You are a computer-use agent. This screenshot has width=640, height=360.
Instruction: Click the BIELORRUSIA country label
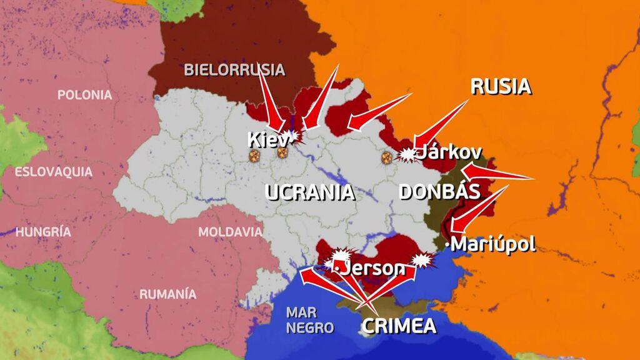click(x=234, y=69)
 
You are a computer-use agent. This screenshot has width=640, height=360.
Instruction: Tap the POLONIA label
click(x=85, y=95)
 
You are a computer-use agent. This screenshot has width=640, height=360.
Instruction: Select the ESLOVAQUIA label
click(x=54, y=172)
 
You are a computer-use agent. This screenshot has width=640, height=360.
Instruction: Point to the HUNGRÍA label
click(x=43, y=232)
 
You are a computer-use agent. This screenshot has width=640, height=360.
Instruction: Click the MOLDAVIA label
click(x=230, y=232)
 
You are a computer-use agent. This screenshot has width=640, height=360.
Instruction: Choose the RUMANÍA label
click(x=167, y=294)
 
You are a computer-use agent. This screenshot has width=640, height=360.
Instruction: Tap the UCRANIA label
click(x=310, y=192)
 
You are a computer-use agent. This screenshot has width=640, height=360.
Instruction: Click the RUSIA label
click(x=500, y=86)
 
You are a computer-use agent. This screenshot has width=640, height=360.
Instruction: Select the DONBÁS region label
click(x=439, y=192)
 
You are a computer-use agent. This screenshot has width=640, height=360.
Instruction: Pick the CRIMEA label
click(x=399, y=326)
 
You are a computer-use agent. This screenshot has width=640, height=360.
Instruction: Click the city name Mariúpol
click(x=493, y=244)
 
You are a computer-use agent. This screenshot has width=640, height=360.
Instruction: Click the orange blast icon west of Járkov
click(x=387, y=157)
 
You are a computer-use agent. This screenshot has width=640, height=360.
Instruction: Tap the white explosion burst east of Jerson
click(x=422, y=260)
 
